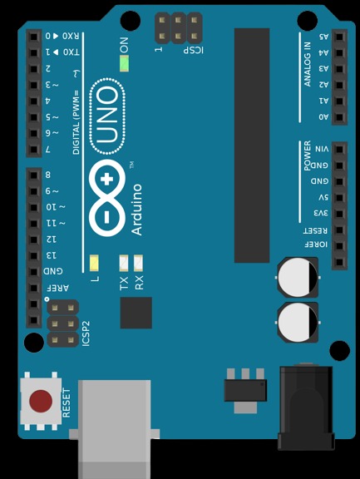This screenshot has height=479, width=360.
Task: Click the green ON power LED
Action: point(124,63)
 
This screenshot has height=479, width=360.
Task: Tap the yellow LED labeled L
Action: point(94,263)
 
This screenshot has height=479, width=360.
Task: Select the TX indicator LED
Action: point(124,263)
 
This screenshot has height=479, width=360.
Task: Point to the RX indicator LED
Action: point(138,263)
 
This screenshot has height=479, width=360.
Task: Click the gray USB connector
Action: point(114,429)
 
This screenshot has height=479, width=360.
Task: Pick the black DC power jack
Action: point(306,407)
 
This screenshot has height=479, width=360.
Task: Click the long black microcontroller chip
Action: point(252,146)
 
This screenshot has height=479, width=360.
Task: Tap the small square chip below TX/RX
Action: point(136,313)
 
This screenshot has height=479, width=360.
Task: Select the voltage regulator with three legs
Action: point(245,390)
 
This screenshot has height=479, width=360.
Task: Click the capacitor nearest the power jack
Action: point(298,323)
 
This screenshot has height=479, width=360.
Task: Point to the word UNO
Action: point(107,116)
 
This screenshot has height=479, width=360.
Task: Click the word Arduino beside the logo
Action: point(137,210)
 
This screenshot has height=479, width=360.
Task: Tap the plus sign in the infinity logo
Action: point(106,180)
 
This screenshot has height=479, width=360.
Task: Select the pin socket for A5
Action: point(339,37)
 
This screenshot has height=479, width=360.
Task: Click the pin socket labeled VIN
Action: point(339,150)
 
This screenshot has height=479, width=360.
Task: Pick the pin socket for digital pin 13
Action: point(34,255)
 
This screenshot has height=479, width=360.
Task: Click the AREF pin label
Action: point(57,288)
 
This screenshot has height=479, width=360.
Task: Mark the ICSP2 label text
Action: point(86,333)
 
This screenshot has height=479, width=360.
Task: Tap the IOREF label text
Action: point(316,244)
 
